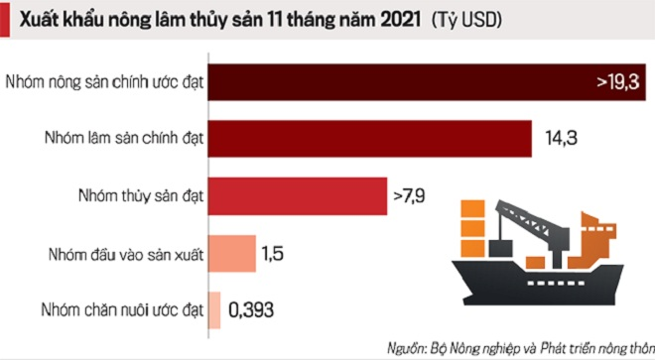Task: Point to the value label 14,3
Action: click(561, 139)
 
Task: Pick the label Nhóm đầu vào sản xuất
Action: click(120, 254)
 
